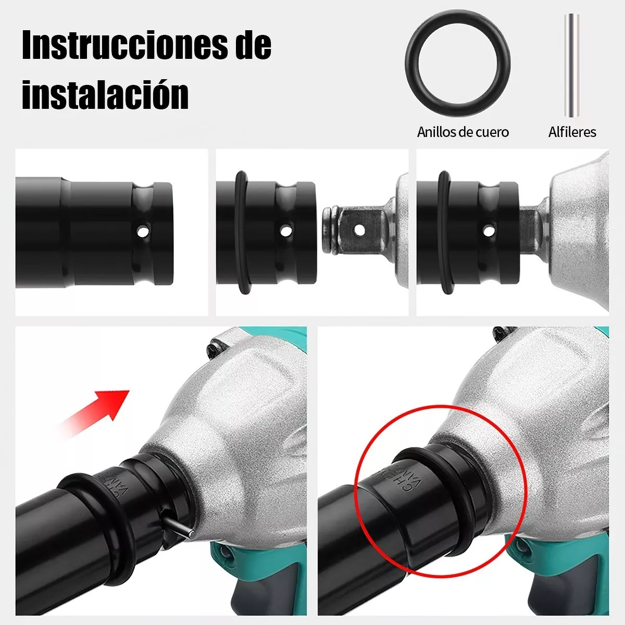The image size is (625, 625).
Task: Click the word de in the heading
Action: (x=249, y=45)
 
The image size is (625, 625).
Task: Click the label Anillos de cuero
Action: (x=463, y=132)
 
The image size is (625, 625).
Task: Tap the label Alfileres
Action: (x=572, y=132)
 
